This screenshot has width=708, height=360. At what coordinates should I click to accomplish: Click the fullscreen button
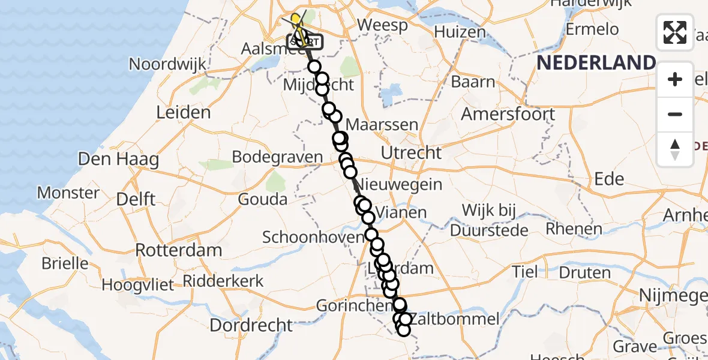[675, 32]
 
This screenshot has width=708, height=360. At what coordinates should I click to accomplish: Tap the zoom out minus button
[675, 114]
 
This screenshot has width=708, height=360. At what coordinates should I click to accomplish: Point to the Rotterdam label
[179, 250]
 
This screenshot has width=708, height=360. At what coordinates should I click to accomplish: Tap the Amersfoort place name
[508, 114]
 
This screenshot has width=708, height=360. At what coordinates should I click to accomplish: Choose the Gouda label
[262, 199]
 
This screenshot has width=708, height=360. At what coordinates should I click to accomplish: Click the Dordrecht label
[251, 325]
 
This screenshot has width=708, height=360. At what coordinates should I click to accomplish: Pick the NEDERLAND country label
[596, 62]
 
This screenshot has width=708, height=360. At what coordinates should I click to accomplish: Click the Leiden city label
[183, 112]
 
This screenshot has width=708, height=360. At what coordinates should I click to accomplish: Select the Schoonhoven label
[313, 236]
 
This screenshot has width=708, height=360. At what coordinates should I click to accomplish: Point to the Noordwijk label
[167, 64]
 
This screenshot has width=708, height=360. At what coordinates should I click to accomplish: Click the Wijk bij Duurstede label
[495, 220]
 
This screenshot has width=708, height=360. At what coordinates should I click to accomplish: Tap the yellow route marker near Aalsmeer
[296, 19]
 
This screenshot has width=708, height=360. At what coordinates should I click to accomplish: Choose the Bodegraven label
[277, 157]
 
